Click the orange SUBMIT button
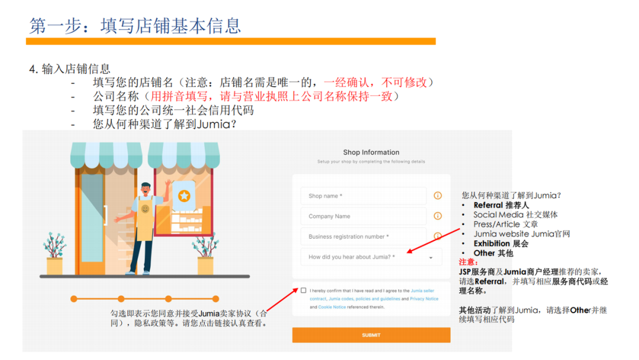pyautogui.click(x=371, y=335)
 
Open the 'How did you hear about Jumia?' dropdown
pyautogui.click(x=371, y=257)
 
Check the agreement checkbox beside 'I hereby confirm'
pyautogui.click(x=304, y=291)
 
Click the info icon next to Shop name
pyautogui.click(x=438, y=196)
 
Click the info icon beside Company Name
pyautogui.click(x=438, y=216)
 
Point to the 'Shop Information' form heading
pyautogui.click(x=371, y=152)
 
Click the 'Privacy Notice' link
pyautogui.click(x=424, y=299)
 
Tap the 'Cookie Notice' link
pyautogui.click(x=332, y=307)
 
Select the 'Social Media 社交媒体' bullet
pyautogui.click(x=515, y=215)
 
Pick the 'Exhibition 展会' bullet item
pyautogui.click(x=501, y=243)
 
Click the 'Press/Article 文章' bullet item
pyautogui.click(x=505, y=224)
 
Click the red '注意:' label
pyautogui.click(x=468, y=262)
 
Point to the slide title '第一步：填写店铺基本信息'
pyautogui.click(x=135, y=25)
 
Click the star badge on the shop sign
pyautogui.click(x=184, y=195)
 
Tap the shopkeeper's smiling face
pyautogui.click(x=145, y=209)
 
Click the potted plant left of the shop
pyautogui.click(x=54, y=255)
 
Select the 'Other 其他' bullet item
pyautogui.click(x=493, y=253)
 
